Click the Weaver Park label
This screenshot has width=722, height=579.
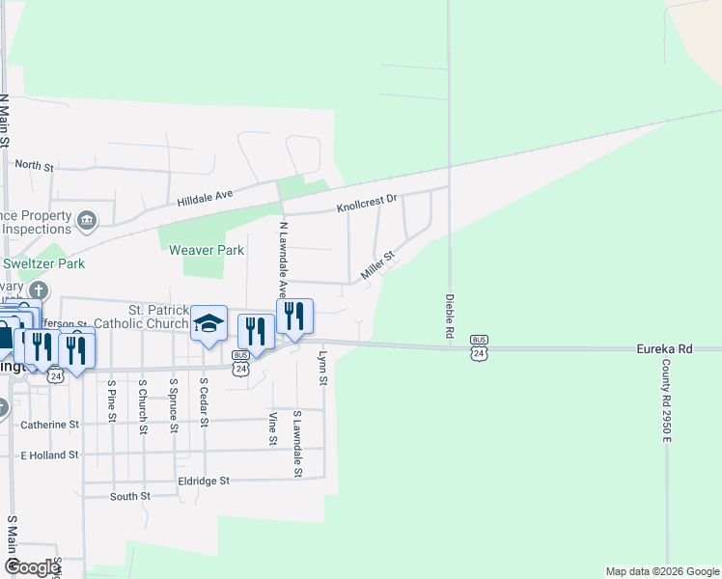pyautogui.click(x=207, y=250)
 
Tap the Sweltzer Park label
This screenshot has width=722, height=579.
pyautogui.click(x=43, y=263)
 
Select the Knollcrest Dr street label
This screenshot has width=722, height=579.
pyautogui.click(x=367, y=204)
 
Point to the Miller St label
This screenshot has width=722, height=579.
pyautogui.click(x=378, y=267)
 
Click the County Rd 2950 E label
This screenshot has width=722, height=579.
pyautogui.click(x=666, y=400)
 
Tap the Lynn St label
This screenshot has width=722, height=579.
pyautogui.click(x=322, y=370)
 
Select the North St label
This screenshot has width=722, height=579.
pyautogui.click(x=34, y=166)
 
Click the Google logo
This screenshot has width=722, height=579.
pyautogui.click(x=32, y=568)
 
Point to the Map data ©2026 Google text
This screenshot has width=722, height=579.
pyautogui.click(x=662, y=571)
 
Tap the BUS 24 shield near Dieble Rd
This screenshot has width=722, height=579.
pyautogui.click(x=479, y=347)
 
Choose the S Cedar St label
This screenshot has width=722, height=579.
pyautogui.click(x=204, y=400)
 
